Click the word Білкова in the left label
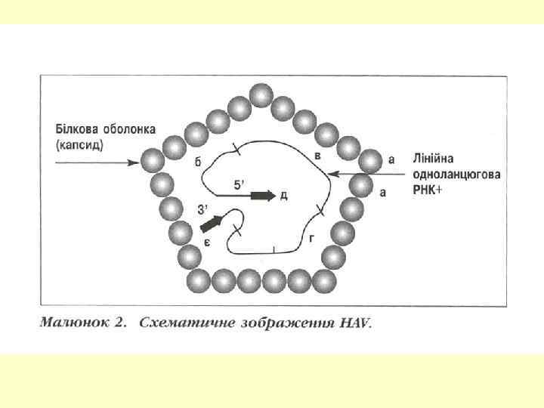coord(76,128)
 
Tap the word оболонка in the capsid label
coord(127,128)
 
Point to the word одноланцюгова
coord(456,175)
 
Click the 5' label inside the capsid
coord(240,184)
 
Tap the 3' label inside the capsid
coord(202,209)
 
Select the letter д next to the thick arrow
coord(283,196)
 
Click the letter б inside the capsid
coord(198,162)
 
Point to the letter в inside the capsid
coord(317,155)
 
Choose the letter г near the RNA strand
coord(312,237)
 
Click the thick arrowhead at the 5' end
coord(263,195)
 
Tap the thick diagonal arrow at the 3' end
coord(212,223)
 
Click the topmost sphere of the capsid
coord(261,96)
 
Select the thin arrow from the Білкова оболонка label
coord(98,161)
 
